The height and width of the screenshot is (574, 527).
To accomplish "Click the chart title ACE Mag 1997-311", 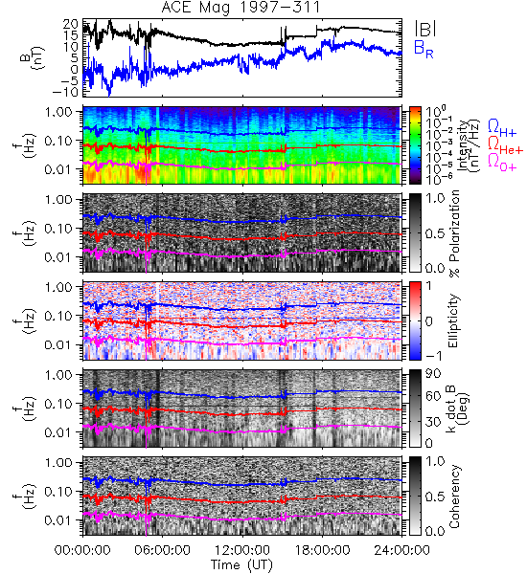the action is point(241,8).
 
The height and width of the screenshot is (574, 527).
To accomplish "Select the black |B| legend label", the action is point(424,29).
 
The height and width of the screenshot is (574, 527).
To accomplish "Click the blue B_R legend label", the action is point(424,49).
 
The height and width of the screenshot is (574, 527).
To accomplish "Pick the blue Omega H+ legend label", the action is point(502,128).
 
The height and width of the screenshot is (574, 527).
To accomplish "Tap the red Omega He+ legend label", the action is point(505,144).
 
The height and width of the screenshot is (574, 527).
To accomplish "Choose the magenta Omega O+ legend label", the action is point(502,162).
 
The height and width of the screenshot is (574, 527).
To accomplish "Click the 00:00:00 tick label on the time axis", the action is point(82,550).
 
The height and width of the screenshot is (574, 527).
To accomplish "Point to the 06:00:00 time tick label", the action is point(163,550).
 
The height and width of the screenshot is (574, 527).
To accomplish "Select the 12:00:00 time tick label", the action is point(242,550).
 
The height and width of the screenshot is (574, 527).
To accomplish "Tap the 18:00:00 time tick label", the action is point(322,550).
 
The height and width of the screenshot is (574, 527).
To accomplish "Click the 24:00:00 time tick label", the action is point(401,550).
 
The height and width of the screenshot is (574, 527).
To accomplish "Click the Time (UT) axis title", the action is point(242,564).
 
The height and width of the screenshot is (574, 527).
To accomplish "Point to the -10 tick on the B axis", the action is point(65,92).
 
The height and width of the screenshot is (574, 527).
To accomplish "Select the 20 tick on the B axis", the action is point(70,24).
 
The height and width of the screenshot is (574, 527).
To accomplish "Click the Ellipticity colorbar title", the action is point(453,321).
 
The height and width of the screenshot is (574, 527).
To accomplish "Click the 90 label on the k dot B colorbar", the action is point(432,374).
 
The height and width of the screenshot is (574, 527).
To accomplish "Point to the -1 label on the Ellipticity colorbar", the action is point(433,355).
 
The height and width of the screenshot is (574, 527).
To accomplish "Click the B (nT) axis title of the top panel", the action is point(34,57).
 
